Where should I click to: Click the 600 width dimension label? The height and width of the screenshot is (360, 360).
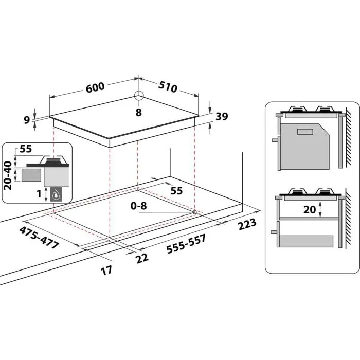[x=96, y=88]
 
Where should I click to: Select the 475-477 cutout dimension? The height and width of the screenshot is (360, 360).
[x=39, y=237]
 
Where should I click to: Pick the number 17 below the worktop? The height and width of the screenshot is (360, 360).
[x=106, y=271]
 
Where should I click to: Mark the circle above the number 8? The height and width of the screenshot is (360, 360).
[x=138, y=95]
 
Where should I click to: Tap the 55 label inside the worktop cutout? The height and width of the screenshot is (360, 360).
[x=176, y=190]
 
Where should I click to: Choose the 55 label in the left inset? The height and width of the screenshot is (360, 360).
[x=26, y=150]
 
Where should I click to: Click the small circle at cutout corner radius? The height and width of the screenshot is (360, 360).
[x=194, y=211]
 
